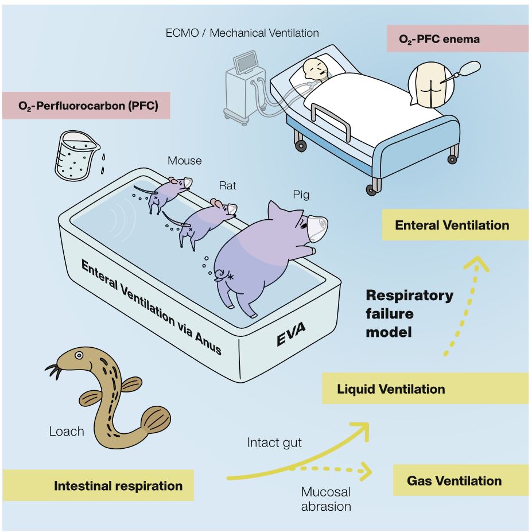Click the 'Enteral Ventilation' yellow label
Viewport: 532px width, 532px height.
[452, 225]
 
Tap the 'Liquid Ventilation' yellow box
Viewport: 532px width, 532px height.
[391, 389]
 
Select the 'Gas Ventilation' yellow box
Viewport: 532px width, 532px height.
[454, 481]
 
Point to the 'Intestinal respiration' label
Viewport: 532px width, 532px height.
[118, 486]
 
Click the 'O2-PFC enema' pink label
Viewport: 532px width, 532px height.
[439, 40]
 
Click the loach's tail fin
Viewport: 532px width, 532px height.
[156, 421]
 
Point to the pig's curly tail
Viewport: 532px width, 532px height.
[221, 274]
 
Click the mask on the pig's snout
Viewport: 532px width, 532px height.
[317, 226]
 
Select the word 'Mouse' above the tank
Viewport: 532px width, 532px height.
[184, 161]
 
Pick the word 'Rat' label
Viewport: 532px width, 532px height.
[227, 185]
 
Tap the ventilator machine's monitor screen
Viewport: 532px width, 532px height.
[245, 62]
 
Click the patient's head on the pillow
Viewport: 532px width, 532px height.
[314, 68]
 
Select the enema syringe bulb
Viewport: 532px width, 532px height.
[472, 69]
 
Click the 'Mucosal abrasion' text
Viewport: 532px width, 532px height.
[325, 499]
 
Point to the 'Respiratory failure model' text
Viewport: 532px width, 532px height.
[409, 313]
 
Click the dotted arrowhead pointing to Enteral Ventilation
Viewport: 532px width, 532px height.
[476, 264]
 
